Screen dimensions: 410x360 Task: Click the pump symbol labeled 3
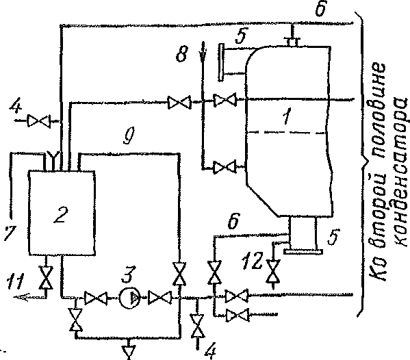pyautogui.click(x=130, y=298)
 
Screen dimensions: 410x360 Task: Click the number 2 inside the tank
pyautogui.click(x=61, y=215)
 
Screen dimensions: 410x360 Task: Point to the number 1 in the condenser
pyautogui.click(x=287, y=116)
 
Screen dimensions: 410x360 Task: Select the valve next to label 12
pyautogui.click(x=272, y=272)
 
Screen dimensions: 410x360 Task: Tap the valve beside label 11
pyautogui.click(x=46, y=277)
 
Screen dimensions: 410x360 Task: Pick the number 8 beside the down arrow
pyautogui.click(x=182, y=55)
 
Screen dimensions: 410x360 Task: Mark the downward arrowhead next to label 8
pyautogui.click(x=203, y=53)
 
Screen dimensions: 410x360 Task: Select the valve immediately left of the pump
pyautogui.click(x=96, y=298)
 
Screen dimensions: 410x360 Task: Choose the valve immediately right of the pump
pyautogui.click(x=159, y=298)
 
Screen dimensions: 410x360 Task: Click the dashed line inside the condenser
pyautogui.click(x=286, y=133)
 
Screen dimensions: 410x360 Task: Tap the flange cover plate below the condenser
pyautogui.click(x=303, y=252)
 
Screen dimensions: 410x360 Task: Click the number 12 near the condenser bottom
pyautogui.click(x=251, y=260)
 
